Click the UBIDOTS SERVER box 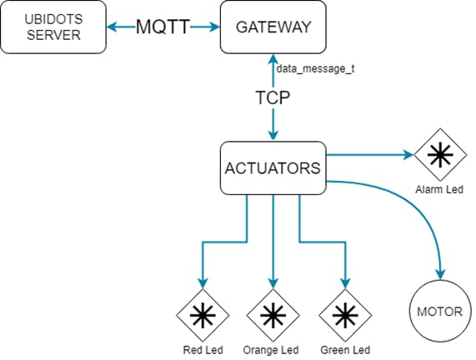tap(53, 27)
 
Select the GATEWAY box tap(273, 27)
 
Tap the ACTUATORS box tap(273, 167)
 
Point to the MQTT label tap(163, 27)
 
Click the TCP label tap(273, 97)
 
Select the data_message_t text tap(315, 69)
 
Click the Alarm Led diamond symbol tap(440, 155)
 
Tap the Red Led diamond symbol tap(203, 315)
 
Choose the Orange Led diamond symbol tap(273, 315)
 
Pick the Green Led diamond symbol tap(345, 315)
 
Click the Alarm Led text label tap(439, 189)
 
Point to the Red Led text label tap(203, 350)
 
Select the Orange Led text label tap(271, 350)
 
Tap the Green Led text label tap(345, 350)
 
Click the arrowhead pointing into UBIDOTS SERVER tap(112, 27)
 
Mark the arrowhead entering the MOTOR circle tap(440, 274)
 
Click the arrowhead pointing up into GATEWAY tap(273, 59)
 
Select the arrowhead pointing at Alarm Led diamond tap(408, 155)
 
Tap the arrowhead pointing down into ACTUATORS tap(273, 135)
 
